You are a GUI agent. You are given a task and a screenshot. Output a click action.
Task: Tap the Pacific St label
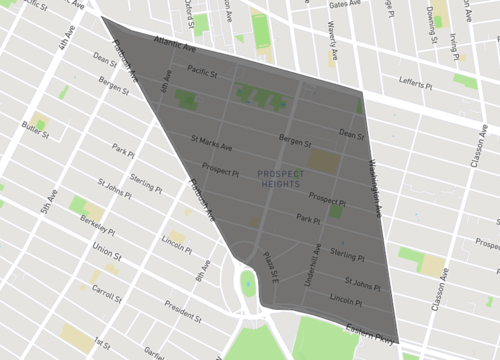pyautogui.click(x=202, y=72)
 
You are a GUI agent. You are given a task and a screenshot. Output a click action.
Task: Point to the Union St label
pyautogui.click(x=106, y=246)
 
